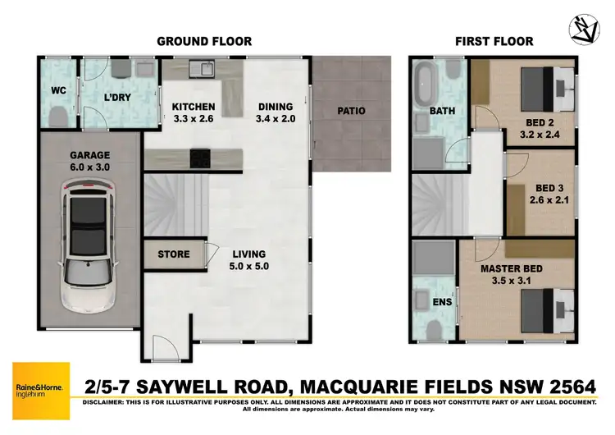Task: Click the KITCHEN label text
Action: pos(193,107)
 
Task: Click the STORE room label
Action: pos(173,254)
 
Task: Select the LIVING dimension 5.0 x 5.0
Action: pos(249,266)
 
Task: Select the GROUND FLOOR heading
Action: pos(203,41)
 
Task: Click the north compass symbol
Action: pos(585,30)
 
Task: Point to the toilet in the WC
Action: pos(57,117)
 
